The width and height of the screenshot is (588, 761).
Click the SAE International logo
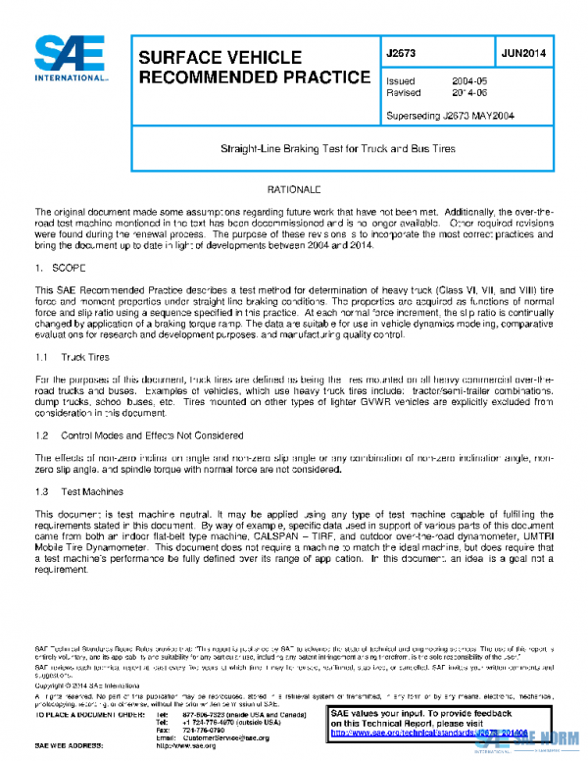(71, 59)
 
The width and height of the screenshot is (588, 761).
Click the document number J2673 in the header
(403, 54)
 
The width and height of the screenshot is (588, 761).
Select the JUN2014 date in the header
(523, 54)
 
